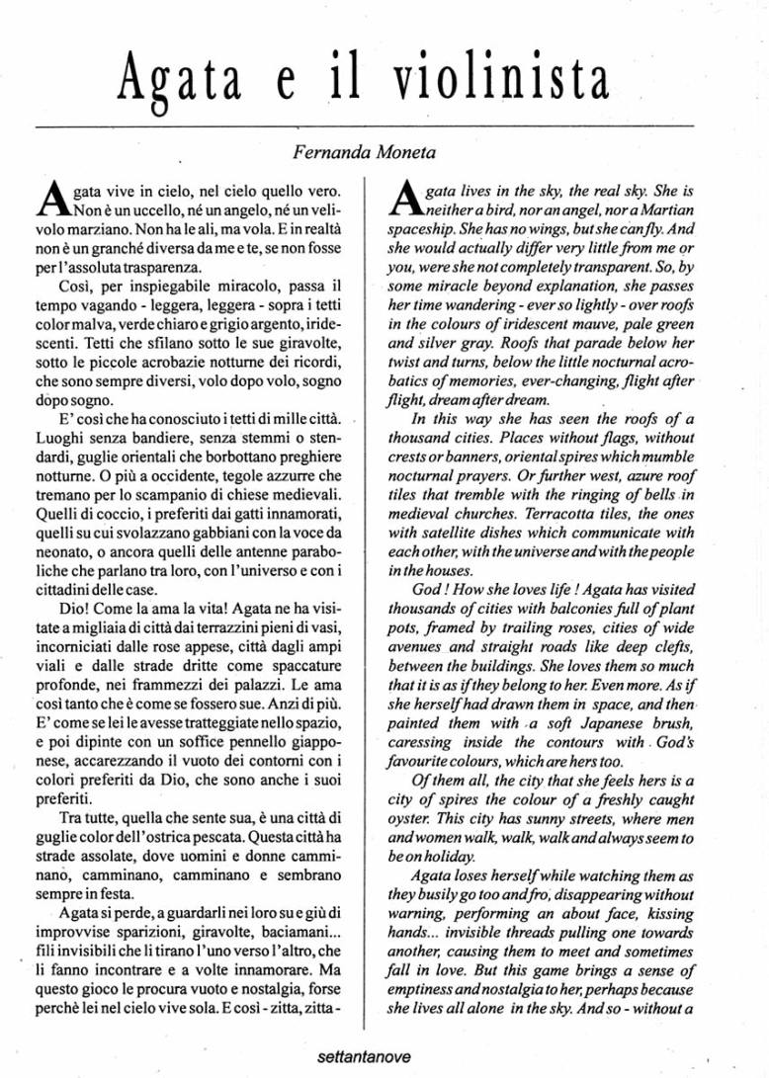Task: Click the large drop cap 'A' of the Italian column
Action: pos(54,200)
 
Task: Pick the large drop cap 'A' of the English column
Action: pos(403,200)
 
